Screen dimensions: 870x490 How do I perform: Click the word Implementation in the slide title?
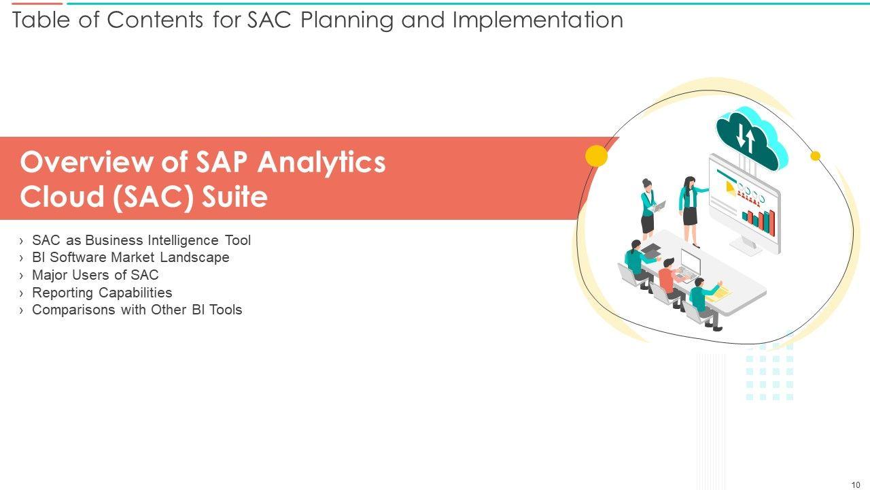tap(538, 20)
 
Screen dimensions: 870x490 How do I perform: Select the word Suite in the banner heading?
tap(234, 197)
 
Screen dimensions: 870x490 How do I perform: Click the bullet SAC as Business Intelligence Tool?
tap(141, 240)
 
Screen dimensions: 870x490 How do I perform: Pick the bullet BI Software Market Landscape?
tap(130, 257)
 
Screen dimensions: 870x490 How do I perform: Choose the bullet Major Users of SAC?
tap(95, 275)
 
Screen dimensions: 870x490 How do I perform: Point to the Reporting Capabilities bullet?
tap(102, 293)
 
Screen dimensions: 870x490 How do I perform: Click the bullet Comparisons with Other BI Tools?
tap(137, 310)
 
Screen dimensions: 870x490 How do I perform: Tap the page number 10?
tap(856, 485)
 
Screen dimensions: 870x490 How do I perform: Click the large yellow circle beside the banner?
tap(596, 156)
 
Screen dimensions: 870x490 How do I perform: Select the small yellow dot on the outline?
tap(815, 156)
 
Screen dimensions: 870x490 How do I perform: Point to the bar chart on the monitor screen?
tap(759, 222)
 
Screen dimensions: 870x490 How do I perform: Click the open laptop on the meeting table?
tap(689, 267)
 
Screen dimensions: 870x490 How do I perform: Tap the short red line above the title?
tap(37, 3)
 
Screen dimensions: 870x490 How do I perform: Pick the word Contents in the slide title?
tap(154, 20)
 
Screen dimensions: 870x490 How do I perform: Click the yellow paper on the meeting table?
tap(718, 294)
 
